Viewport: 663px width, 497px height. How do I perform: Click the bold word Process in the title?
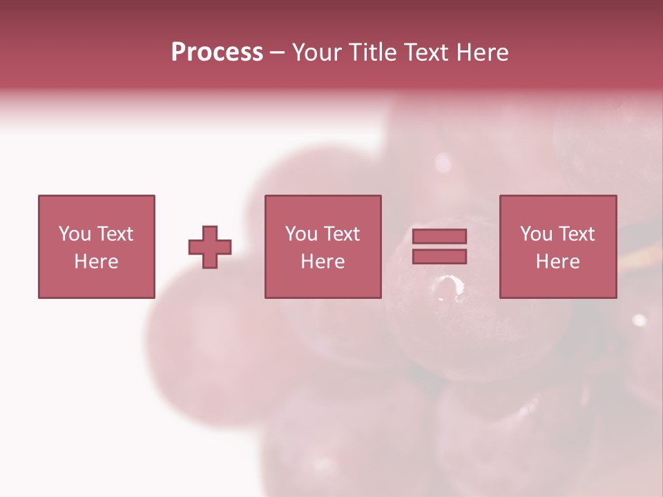point(217,52)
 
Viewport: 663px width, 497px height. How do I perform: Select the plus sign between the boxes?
point(210,247)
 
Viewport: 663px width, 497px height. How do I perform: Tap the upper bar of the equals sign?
point(439,236)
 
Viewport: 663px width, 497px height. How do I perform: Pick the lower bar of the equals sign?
point(439,257)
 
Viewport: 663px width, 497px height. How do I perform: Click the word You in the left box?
point(75,234)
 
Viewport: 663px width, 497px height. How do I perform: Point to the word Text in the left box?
point(115,234)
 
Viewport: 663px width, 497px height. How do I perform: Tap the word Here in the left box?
point(96,262)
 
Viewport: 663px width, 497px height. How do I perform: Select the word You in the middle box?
point(301,234)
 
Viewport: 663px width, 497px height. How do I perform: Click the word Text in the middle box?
point(341,234)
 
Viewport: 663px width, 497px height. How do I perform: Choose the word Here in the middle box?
point(323,262)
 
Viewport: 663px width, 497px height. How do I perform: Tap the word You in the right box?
point(536,234)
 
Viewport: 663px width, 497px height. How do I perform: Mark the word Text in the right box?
point(576,234)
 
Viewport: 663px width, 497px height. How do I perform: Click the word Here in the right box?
point(557,262)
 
